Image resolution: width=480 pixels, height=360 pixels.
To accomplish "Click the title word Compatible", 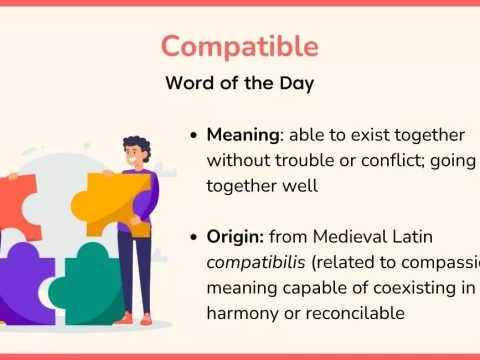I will point(240,46).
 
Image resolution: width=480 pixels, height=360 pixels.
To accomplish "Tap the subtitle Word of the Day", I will point(240,84).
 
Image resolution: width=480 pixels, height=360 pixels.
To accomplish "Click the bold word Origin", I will point(236,237).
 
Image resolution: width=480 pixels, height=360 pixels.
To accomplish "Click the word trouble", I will point(309,160).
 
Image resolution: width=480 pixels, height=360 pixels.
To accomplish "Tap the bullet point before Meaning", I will point(193,135).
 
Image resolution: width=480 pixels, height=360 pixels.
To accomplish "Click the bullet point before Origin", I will point(193,238).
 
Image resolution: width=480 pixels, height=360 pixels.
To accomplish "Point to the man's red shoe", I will point(147,319).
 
